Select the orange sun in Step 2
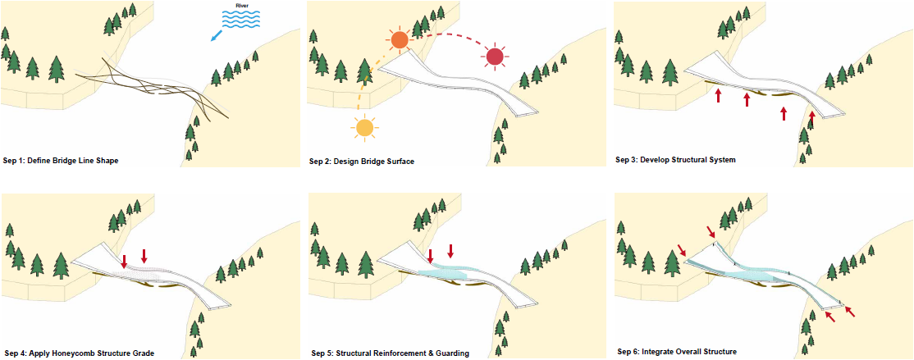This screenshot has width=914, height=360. pyautogui.click(x=400, y=39)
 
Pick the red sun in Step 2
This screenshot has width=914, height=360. pyautogui.click(x=495, y=57)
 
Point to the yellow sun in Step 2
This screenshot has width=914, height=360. pyautogui.click(x=364, y=128)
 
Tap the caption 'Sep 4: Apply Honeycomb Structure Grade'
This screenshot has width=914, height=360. pyautogui.click(x=80, y=353)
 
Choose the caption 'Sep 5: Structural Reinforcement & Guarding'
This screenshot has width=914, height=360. pyautogui.click(x=390, y=353)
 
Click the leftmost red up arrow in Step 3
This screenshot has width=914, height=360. pyautogui.click(x=718, y=95)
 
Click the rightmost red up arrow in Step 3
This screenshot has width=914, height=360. pyautogui.click(x=811, y=117)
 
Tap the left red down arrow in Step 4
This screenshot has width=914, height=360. pyautogui.click(x=124, y=261)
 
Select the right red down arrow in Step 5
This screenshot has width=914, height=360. pyautogui.click(x=450, y=250)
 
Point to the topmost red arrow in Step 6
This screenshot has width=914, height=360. pyautogui.click(x=711, y=232)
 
